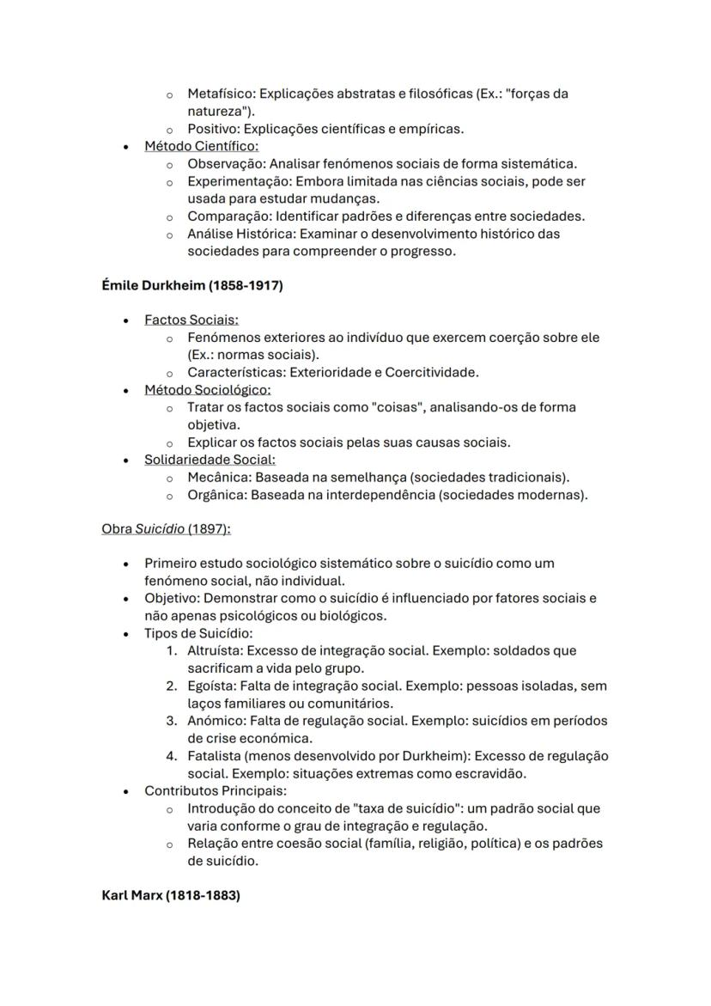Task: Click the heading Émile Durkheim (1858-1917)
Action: (x=191, y=286)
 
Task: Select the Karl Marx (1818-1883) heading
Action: (x=171, y=895)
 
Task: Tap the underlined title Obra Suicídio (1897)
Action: (x=166, y=529)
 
